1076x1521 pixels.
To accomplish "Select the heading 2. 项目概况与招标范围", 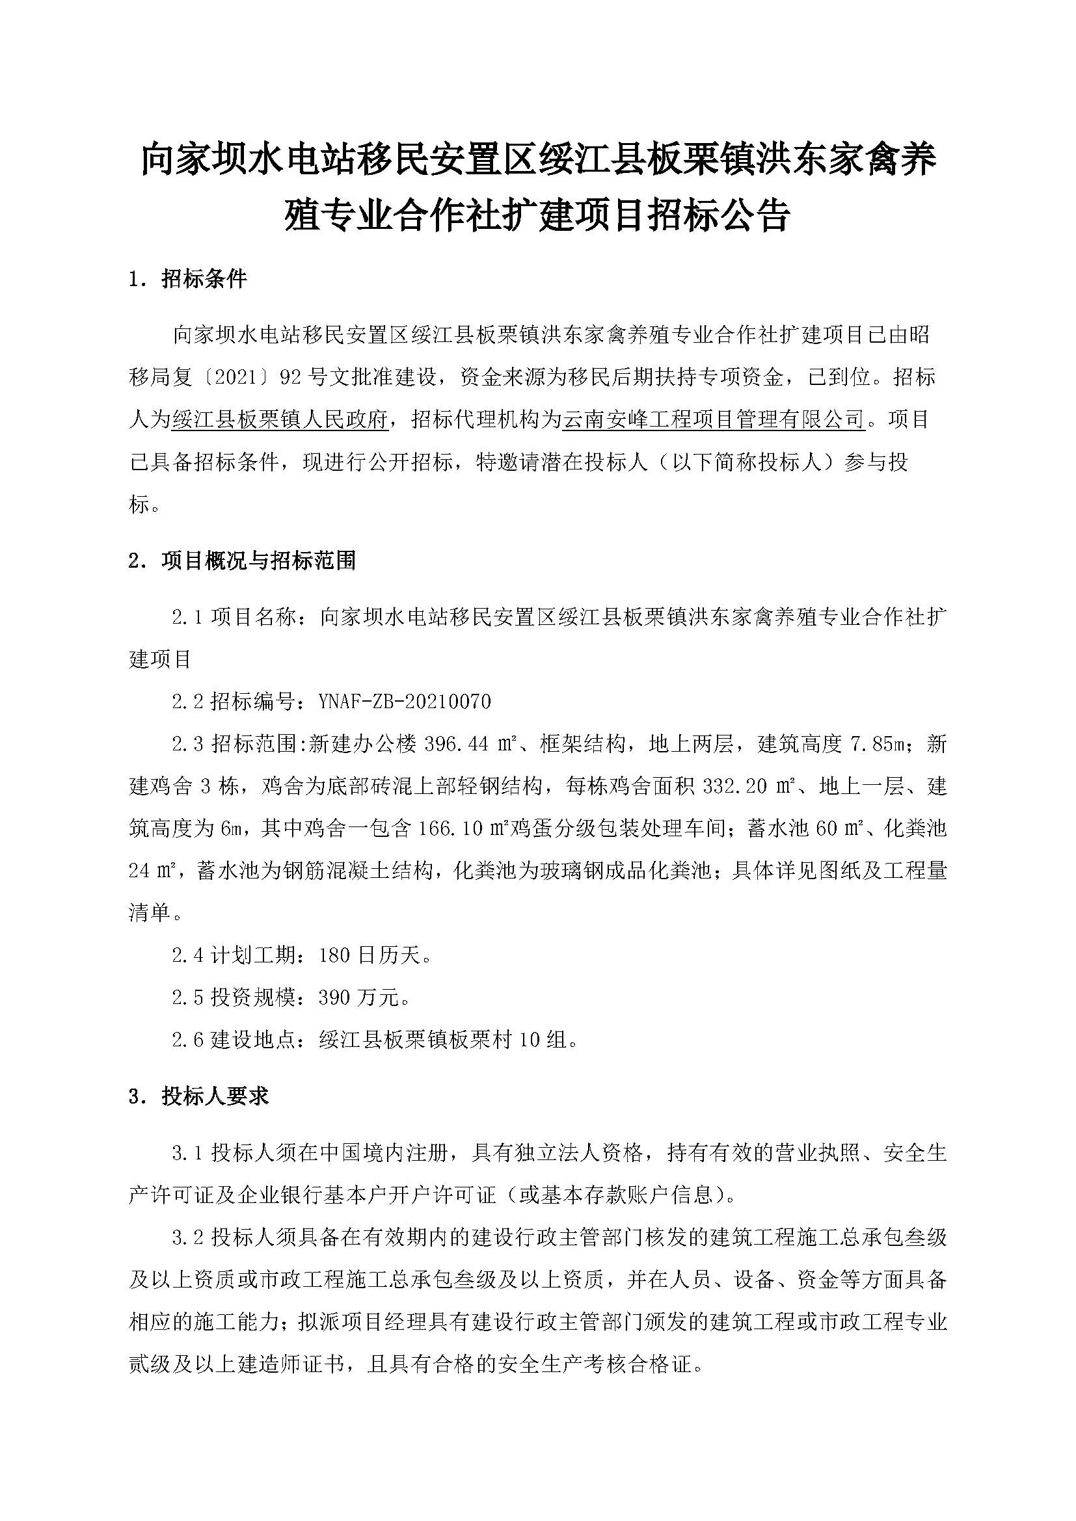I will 242,561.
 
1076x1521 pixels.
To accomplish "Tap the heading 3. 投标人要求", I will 198,1096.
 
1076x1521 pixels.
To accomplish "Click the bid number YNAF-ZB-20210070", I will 405,702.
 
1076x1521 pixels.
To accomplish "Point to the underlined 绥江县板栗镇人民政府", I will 279,419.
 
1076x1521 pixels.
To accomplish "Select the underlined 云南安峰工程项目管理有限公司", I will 714,419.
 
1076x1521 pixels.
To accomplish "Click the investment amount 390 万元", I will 358,998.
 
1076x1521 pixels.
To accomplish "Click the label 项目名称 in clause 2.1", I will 252,617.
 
